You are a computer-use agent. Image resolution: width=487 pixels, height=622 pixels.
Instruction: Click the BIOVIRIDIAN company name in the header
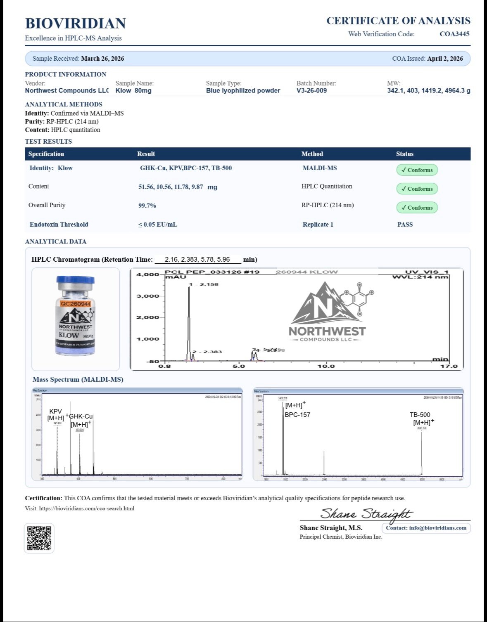(x=75, y=24)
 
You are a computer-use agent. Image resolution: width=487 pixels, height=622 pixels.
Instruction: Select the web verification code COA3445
(x=454, y=34)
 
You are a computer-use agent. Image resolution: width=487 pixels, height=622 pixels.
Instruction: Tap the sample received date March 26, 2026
(x=102, y=59)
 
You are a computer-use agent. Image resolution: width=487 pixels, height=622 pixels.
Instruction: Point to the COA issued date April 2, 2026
(x=445, y=59)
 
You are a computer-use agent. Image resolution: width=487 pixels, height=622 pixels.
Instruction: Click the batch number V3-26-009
(x=311, y=91)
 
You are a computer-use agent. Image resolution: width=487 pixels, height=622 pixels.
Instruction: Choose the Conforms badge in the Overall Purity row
(x=417, y=208)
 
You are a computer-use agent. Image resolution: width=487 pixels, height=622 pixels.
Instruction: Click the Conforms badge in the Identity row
(x=417, y=170)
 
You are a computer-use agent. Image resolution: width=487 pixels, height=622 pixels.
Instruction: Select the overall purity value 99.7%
(x=147, y=206)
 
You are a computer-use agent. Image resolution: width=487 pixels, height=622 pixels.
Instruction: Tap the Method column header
(x=312, y=154)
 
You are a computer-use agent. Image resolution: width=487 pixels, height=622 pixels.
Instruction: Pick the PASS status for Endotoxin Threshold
(x=405, y=225)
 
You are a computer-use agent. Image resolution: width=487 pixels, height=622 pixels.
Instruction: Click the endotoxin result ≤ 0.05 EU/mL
(x=157, y=225)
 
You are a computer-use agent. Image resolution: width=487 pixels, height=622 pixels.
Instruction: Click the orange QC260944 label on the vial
(x=75, y=304)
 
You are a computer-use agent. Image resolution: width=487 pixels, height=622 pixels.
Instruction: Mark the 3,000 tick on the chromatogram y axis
(x=147, y=296)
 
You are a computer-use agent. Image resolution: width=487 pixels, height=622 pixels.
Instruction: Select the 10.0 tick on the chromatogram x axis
(x=326, y=366)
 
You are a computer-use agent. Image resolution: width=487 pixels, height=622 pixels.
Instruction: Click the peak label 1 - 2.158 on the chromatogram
(x=204, y=284)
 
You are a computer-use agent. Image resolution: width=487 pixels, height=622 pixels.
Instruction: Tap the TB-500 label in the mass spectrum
(x=420, y=415)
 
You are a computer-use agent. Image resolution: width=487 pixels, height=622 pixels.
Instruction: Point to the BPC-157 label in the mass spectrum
(x=297, y=415)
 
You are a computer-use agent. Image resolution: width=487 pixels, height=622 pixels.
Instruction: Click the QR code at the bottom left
(x=39, y=538)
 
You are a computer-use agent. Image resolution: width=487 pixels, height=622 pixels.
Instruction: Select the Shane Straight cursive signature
(x=366, y=514)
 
